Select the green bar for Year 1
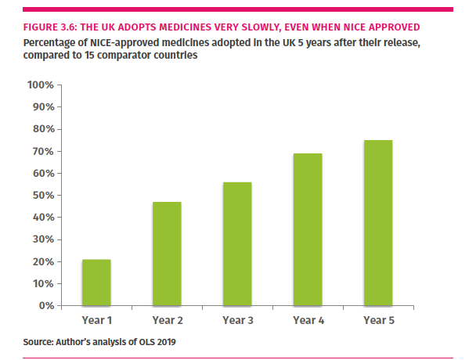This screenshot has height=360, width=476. tap(96, 282)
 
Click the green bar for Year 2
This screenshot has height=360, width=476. tap(167, 254)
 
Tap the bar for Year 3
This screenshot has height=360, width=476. tap(236, 243)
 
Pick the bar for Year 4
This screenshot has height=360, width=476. tap(307, 229)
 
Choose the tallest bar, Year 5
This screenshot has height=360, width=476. tap(377, 222)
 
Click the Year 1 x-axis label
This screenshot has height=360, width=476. tap(96, 319)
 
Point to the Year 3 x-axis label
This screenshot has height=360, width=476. tap(236, 319)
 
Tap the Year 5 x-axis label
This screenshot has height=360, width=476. tap(377, 319)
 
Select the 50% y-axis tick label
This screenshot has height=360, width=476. tap(41, 195)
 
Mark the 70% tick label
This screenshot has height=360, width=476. tap(41, 151)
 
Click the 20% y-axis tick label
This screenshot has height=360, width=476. tap(41, 261)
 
